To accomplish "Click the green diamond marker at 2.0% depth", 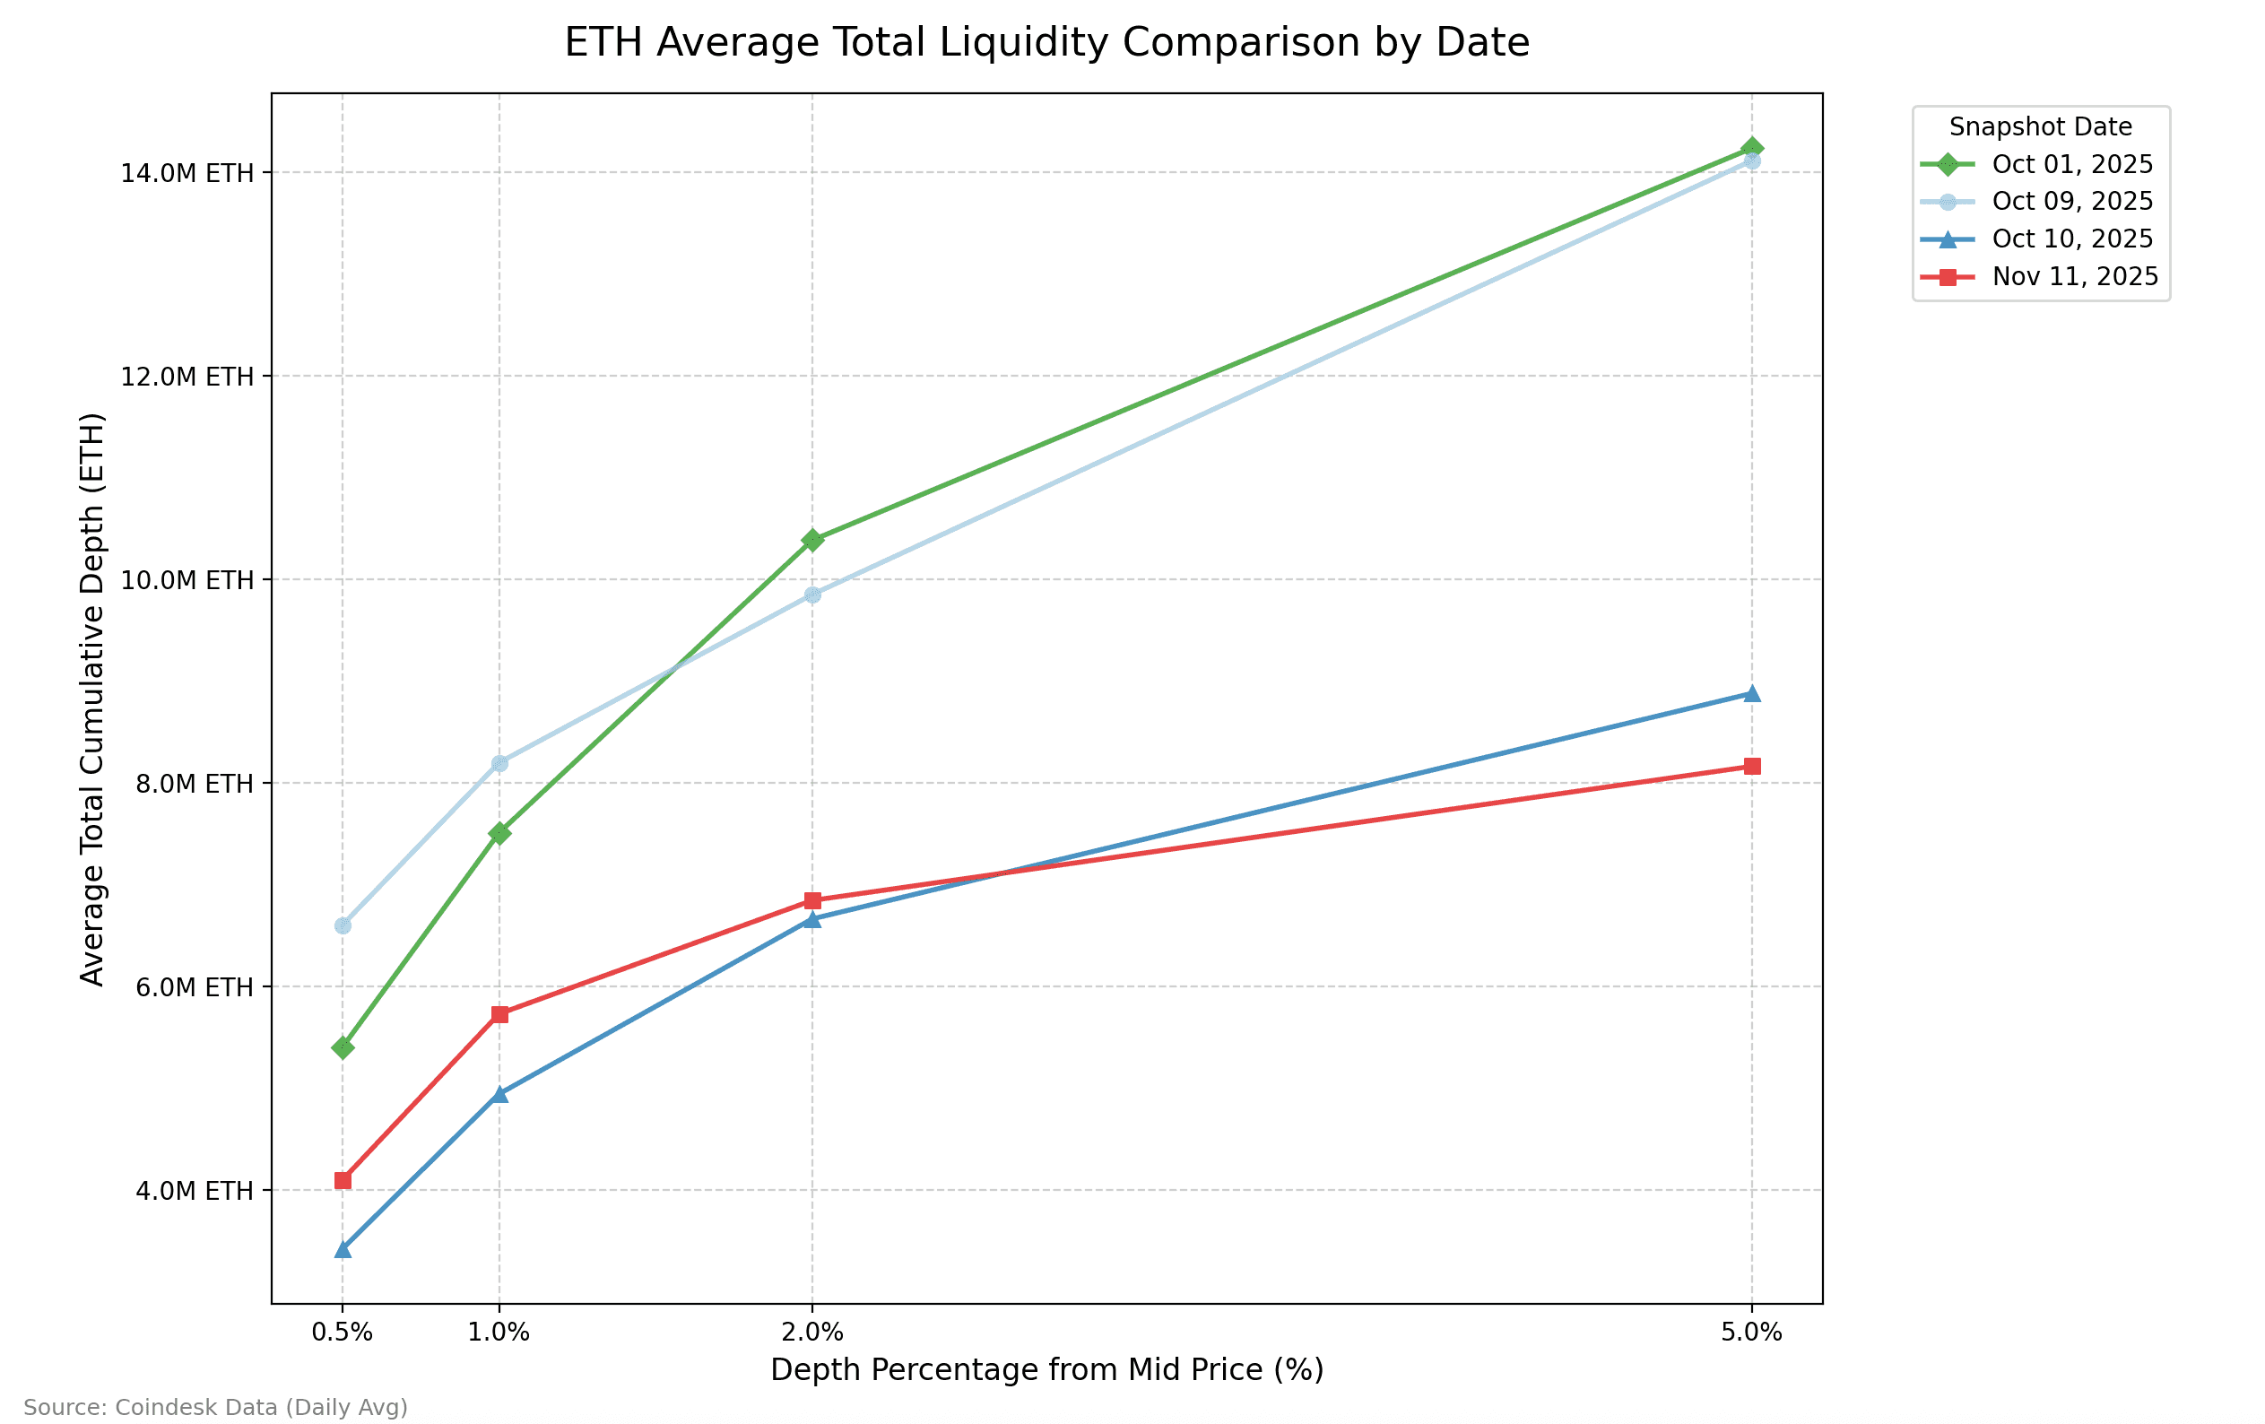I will tap(812, 540).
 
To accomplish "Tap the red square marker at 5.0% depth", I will tap(1751, 767).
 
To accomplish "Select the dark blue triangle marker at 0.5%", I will tap(343, 1249).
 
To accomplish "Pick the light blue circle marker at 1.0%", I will tap(499, 764).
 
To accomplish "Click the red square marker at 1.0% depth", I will tap(499, 1014).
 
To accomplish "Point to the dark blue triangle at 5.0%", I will tap(1751, 694).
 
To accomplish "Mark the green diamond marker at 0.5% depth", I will tap(343, 1047).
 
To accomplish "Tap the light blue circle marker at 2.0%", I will tap(812, 595).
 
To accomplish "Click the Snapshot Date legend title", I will tap(2040, 127).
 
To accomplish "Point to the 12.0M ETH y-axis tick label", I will tap(187, 378).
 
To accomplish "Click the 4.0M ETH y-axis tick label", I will tap(194, 1191).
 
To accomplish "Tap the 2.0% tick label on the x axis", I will tap(812, 1333).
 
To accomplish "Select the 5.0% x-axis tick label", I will tap(1751, 1333).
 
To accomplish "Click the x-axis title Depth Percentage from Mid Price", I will tap(1047, 1370).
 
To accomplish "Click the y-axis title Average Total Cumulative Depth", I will tap(92, 699).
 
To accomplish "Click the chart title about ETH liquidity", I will tap(1047, 43).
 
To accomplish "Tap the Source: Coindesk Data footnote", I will tap(215, 1408).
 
